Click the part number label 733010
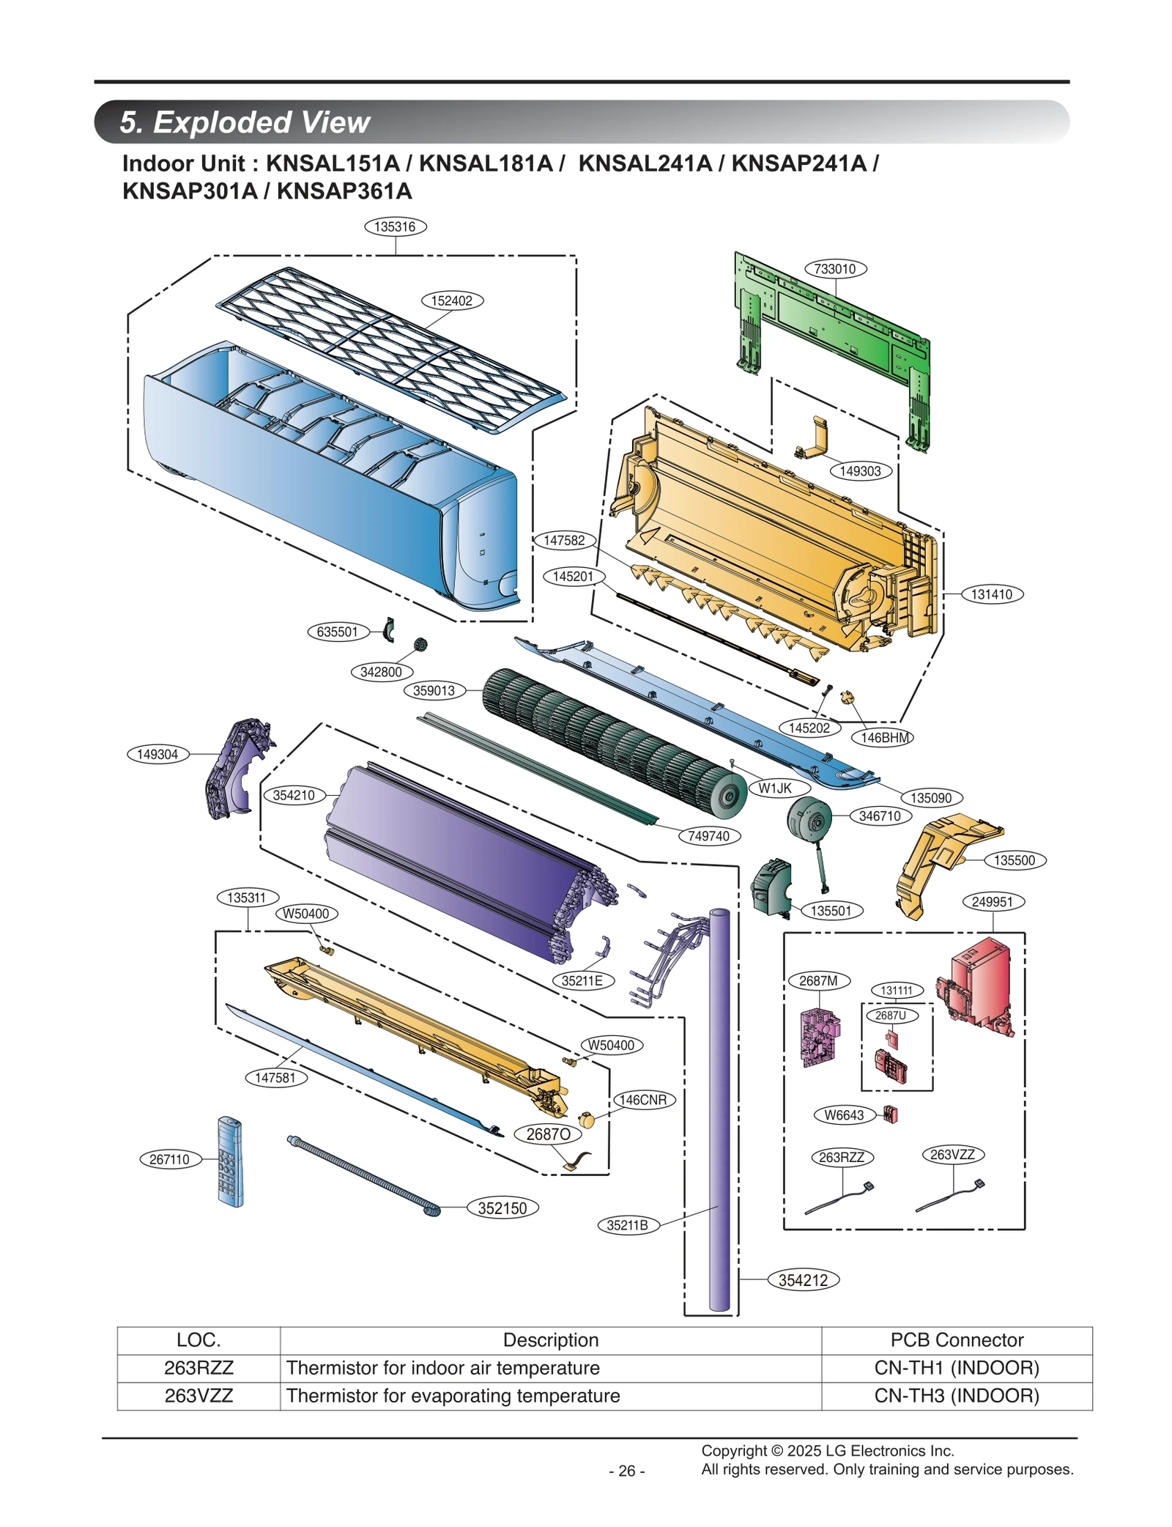click(x=835, y=269)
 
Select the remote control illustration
click(x=230, y=1161)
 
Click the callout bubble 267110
click(x=170, y=1159)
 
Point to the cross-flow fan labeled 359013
click(x=608, y=740)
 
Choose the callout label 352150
click(x=502, y=1208)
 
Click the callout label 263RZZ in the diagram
click(x=842, y=1157)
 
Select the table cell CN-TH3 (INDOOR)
click(x=956, y=1396)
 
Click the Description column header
click(x=550, y=1340)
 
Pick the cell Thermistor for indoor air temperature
click(x=443, y=1368)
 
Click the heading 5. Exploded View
click(x=245, y=122)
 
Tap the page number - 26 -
click(x=626, y=1471)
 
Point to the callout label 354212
click(x=803, y=1280)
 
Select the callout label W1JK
click(x=775, y=788)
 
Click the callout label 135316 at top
click(x=396, y=226)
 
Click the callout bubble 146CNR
click(x=643, y=1100)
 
